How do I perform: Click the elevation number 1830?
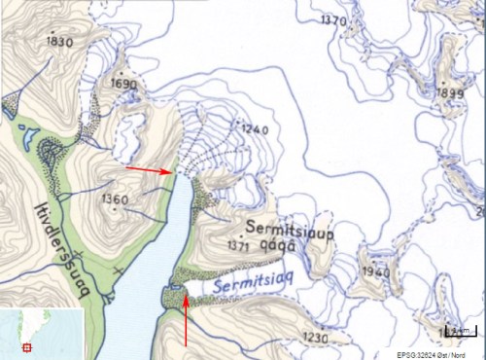coord(60,42)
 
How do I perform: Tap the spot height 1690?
coord(124,85)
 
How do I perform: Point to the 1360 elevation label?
coord(114,199)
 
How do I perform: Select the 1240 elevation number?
coord(254,129)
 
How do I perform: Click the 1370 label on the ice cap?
coord(333,20)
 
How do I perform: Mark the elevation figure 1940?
coord(374,270)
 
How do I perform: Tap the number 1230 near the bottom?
coord(316,337)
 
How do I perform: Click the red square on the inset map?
coord(27,346)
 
